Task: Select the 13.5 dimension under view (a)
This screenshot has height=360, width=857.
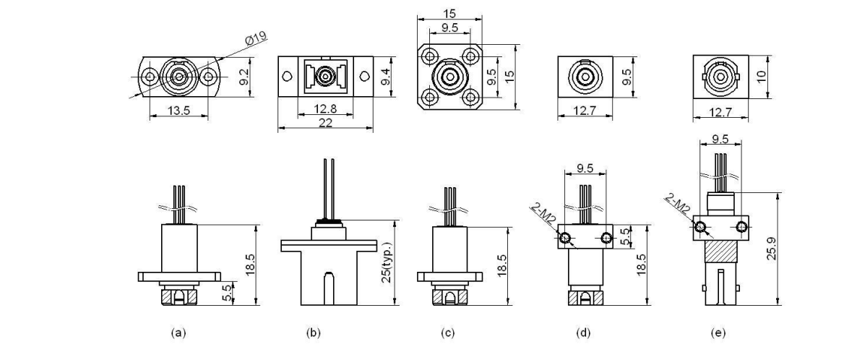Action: [178, 111]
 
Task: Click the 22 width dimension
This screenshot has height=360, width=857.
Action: [326, 124]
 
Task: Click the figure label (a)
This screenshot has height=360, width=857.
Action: [178, 333]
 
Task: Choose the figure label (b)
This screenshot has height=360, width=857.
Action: [312, 333]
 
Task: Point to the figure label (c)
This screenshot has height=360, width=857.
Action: [449, 333]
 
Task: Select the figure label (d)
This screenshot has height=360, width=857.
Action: [583, 333]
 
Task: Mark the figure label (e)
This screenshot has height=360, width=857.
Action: [718, 333]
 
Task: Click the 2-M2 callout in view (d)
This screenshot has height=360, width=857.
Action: [543, 215]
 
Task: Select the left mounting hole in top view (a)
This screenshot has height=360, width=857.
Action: [150, 76]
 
